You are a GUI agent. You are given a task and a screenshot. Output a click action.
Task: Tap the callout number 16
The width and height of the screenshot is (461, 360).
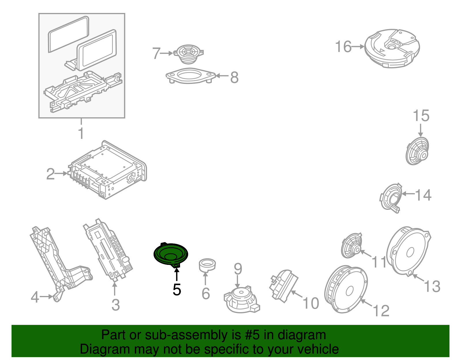point(343,47)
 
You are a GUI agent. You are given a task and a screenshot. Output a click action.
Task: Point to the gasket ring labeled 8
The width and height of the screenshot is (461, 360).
point(190,76)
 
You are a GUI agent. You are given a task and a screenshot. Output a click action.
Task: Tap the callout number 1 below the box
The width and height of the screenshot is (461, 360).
point(81,133)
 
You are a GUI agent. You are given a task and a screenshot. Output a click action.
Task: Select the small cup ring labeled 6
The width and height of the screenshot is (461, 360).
point(207,265)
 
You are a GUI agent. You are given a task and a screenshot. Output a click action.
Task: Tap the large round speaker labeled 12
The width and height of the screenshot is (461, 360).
point(346,289)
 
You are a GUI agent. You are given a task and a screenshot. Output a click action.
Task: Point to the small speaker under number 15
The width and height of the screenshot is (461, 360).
point(417,151)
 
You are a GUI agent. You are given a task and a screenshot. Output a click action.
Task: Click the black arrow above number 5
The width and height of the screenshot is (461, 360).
point(177,274)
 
